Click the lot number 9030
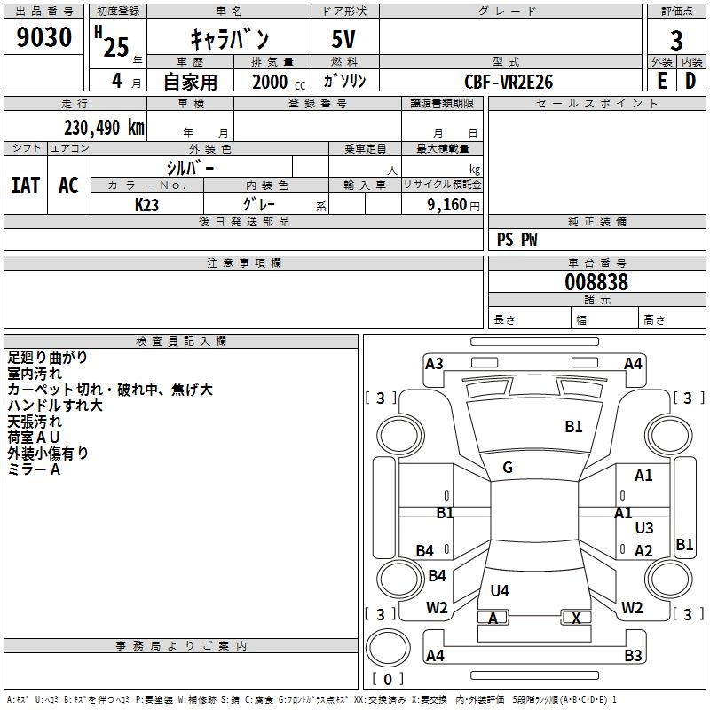coord(44,38)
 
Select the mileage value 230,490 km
coord(104,127)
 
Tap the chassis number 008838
coord(596,282)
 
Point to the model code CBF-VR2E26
coord(509,81)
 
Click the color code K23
coord(147,204)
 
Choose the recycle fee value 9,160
coord(446,204)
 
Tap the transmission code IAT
coord(25,185)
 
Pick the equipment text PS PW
coord(517,240)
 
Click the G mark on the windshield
coord(508,468)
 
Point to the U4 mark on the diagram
coord(500,590)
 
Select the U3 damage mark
coord(644,528)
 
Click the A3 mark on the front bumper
coord(434,363)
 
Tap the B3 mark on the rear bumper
coord(633,656)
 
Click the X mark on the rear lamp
coord(577,618)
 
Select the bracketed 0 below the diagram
coord(386,679)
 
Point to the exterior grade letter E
coord(661,81)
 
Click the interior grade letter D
coord(690,81)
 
